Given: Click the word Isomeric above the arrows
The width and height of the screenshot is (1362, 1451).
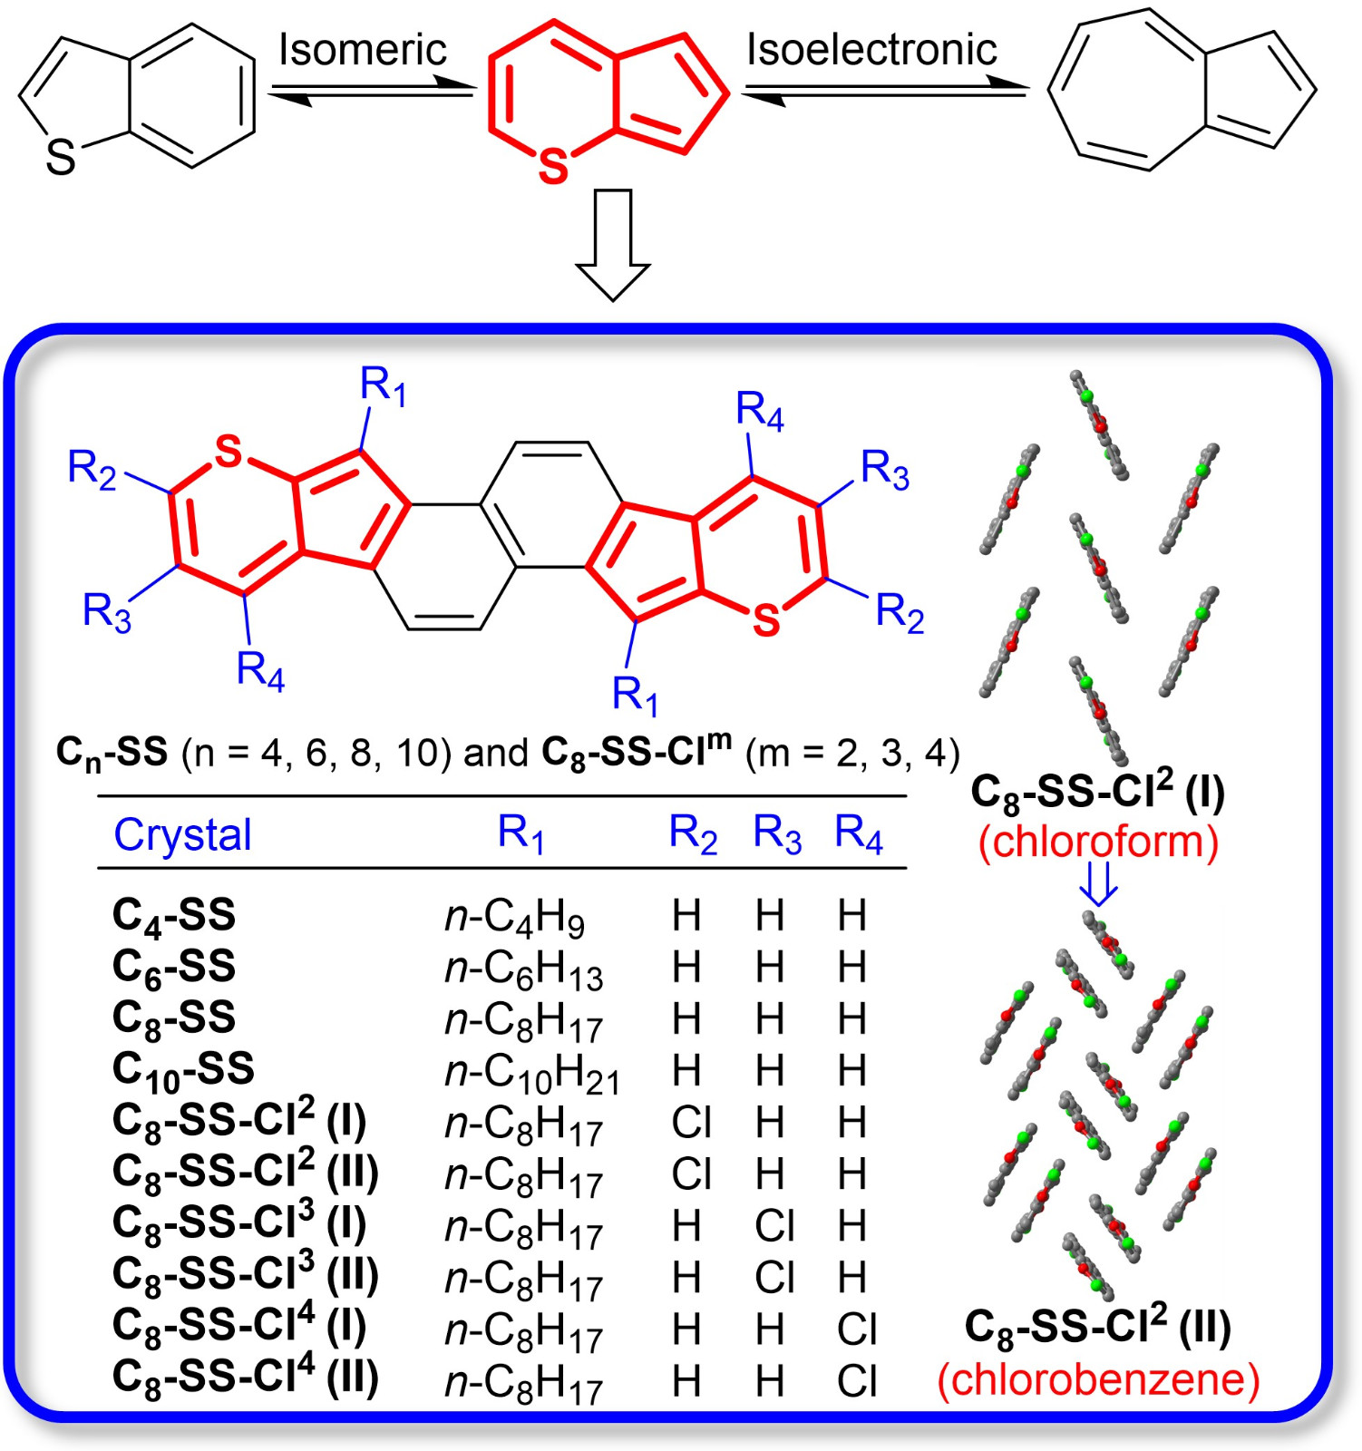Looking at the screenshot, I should coord(362,49).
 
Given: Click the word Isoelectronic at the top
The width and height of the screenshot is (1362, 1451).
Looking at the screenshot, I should coord(871,49).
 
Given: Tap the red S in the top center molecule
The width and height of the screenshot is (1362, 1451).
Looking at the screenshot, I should coord(553,167).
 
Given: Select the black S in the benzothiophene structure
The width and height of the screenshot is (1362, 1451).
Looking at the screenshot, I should coord(61,158).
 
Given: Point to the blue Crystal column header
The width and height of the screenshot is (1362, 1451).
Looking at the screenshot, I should coord(182,834).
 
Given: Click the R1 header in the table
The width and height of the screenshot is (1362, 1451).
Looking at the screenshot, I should coord(520,833).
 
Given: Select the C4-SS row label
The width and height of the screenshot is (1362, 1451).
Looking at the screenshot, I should coord(173,916).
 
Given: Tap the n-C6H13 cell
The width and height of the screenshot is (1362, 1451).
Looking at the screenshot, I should coord(523,969).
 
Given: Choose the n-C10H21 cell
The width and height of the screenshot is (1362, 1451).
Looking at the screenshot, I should coord(532,1073).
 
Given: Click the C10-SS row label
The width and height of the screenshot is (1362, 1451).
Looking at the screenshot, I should coord(183,1071).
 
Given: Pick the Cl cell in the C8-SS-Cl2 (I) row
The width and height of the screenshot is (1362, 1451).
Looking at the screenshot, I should coord(691,1123).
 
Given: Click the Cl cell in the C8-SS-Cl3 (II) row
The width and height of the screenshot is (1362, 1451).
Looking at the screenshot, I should coord(774,1278).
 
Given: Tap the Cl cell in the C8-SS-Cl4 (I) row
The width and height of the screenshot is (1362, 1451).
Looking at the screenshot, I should coord(857,1329).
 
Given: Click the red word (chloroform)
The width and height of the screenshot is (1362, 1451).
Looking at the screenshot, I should coord(1098,842).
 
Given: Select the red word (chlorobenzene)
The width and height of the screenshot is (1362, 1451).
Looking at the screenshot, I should coord(1098,1379).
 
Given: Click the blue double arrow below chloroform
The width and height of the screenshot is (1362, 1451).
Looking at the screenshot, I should coord(1098,883).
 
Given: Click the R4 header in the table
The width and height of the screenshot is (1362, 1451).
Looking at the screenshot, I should coord(858,833).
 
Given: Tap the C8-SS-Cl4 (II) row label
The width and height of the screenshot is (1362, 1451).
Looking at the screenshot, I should coord(245,1379).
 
